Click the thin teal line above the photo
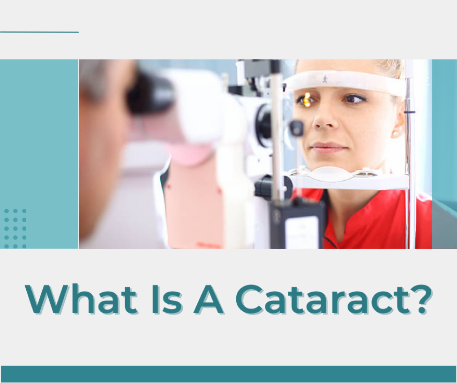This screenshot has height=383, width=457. point(39,32)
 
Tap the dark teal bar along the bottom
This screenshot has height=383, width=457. point(228,374)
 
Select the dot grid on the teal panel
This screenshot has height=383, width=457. point(15,228)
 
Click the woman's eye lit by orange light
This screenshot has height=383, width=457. point(307,99)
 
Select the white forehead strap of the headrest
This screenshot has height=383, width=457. point(347,83)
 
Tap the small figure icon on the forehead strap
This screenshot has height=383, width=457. point(325,79)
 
